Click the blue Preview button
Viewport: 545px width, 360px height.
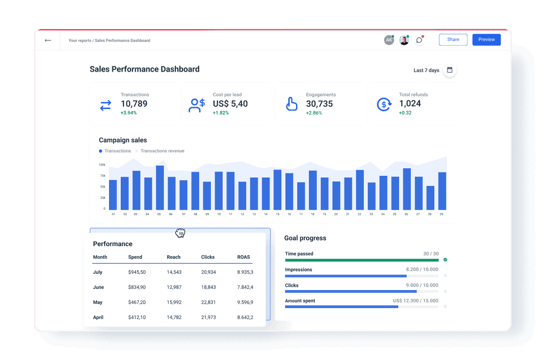coord(486,39)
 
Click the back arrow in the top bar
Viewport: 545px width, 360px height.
coord(48,40)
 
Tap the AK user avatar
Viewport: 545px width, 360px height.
coord(389,40)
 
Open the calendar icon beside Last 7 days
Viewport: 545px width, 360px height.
coord(450,70)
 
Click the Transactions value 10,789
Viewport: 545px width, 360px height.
coord(134,104)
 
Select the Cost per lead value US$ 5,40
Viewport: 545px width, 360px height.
coord(230,104)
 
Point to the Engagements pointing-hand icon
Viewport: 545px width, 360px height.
coord(291,104)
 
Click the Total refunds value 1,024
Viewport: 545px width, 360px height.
coord(410,104)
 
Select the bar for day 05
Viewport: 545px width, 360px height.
coord(160,187)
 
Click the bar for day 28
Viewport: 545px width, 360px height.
coord(430,197)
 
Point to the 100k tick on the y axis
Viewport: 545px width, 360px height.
coord(102,165)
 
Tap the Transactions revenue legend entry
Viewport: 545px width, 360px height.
coord(162,151)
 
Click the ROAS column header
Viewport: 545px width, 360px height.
coord(243,257)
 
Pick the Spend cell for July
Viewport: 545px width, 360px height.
coord(137,272)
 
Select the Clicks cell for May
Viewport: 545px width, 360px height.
coord(208,302)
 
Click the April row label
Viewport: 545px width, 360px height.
coord(98,317)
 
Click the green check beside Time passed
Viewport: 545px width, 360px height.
coord(445,260)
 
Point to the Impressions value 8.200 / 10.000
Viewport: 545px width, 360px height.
coord(422,270)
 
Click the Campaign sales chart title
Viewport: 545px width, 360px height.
coord(123,140)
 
